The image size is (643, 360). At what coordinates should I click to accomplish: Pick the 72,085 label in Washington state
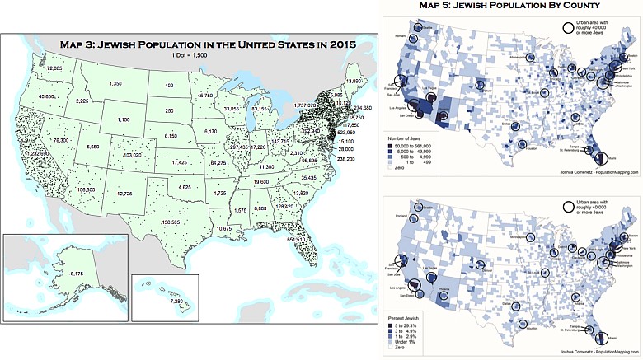(54, 68)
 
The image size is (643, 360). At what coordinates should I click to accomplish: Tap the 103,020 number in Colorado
(131, 155)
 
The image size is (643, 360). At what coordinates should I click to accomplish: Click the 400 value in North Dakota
(169, 86)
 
